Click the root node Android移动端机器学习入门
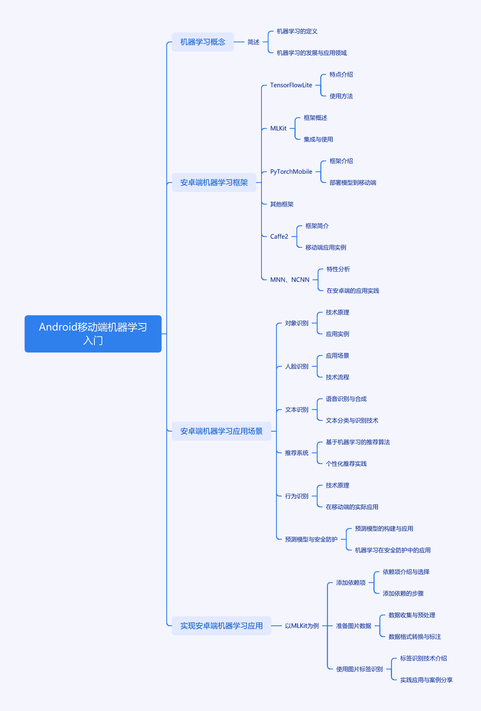point(93,334)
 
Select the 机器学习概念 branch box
point(203,42)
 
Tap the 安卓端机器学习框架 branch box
point(214,183)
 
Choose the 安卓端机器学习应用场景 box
point(221,431)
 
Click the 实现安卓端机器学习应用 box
point(221,625)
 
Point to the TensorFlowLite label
point(291,85)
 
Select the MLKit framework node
point(278,128)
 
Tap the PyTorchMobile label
point(291,172)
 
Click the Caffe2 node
point(279,237)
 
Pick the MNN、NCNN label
point(289,280)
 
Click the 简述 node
point(253,42)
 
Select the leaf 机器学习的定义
point(297,31)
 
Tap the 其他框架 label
point(282,204)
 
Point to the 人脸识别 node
point(297,366)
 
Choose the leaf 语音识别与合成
point(346,399)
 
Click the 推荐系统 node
point(297,453)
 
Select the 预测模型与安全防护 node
point(311,539)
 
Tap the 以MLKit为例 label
point(302,625)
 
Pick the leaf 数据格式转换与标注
point(415,637)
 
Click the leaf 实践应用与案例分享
point(426,680)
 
